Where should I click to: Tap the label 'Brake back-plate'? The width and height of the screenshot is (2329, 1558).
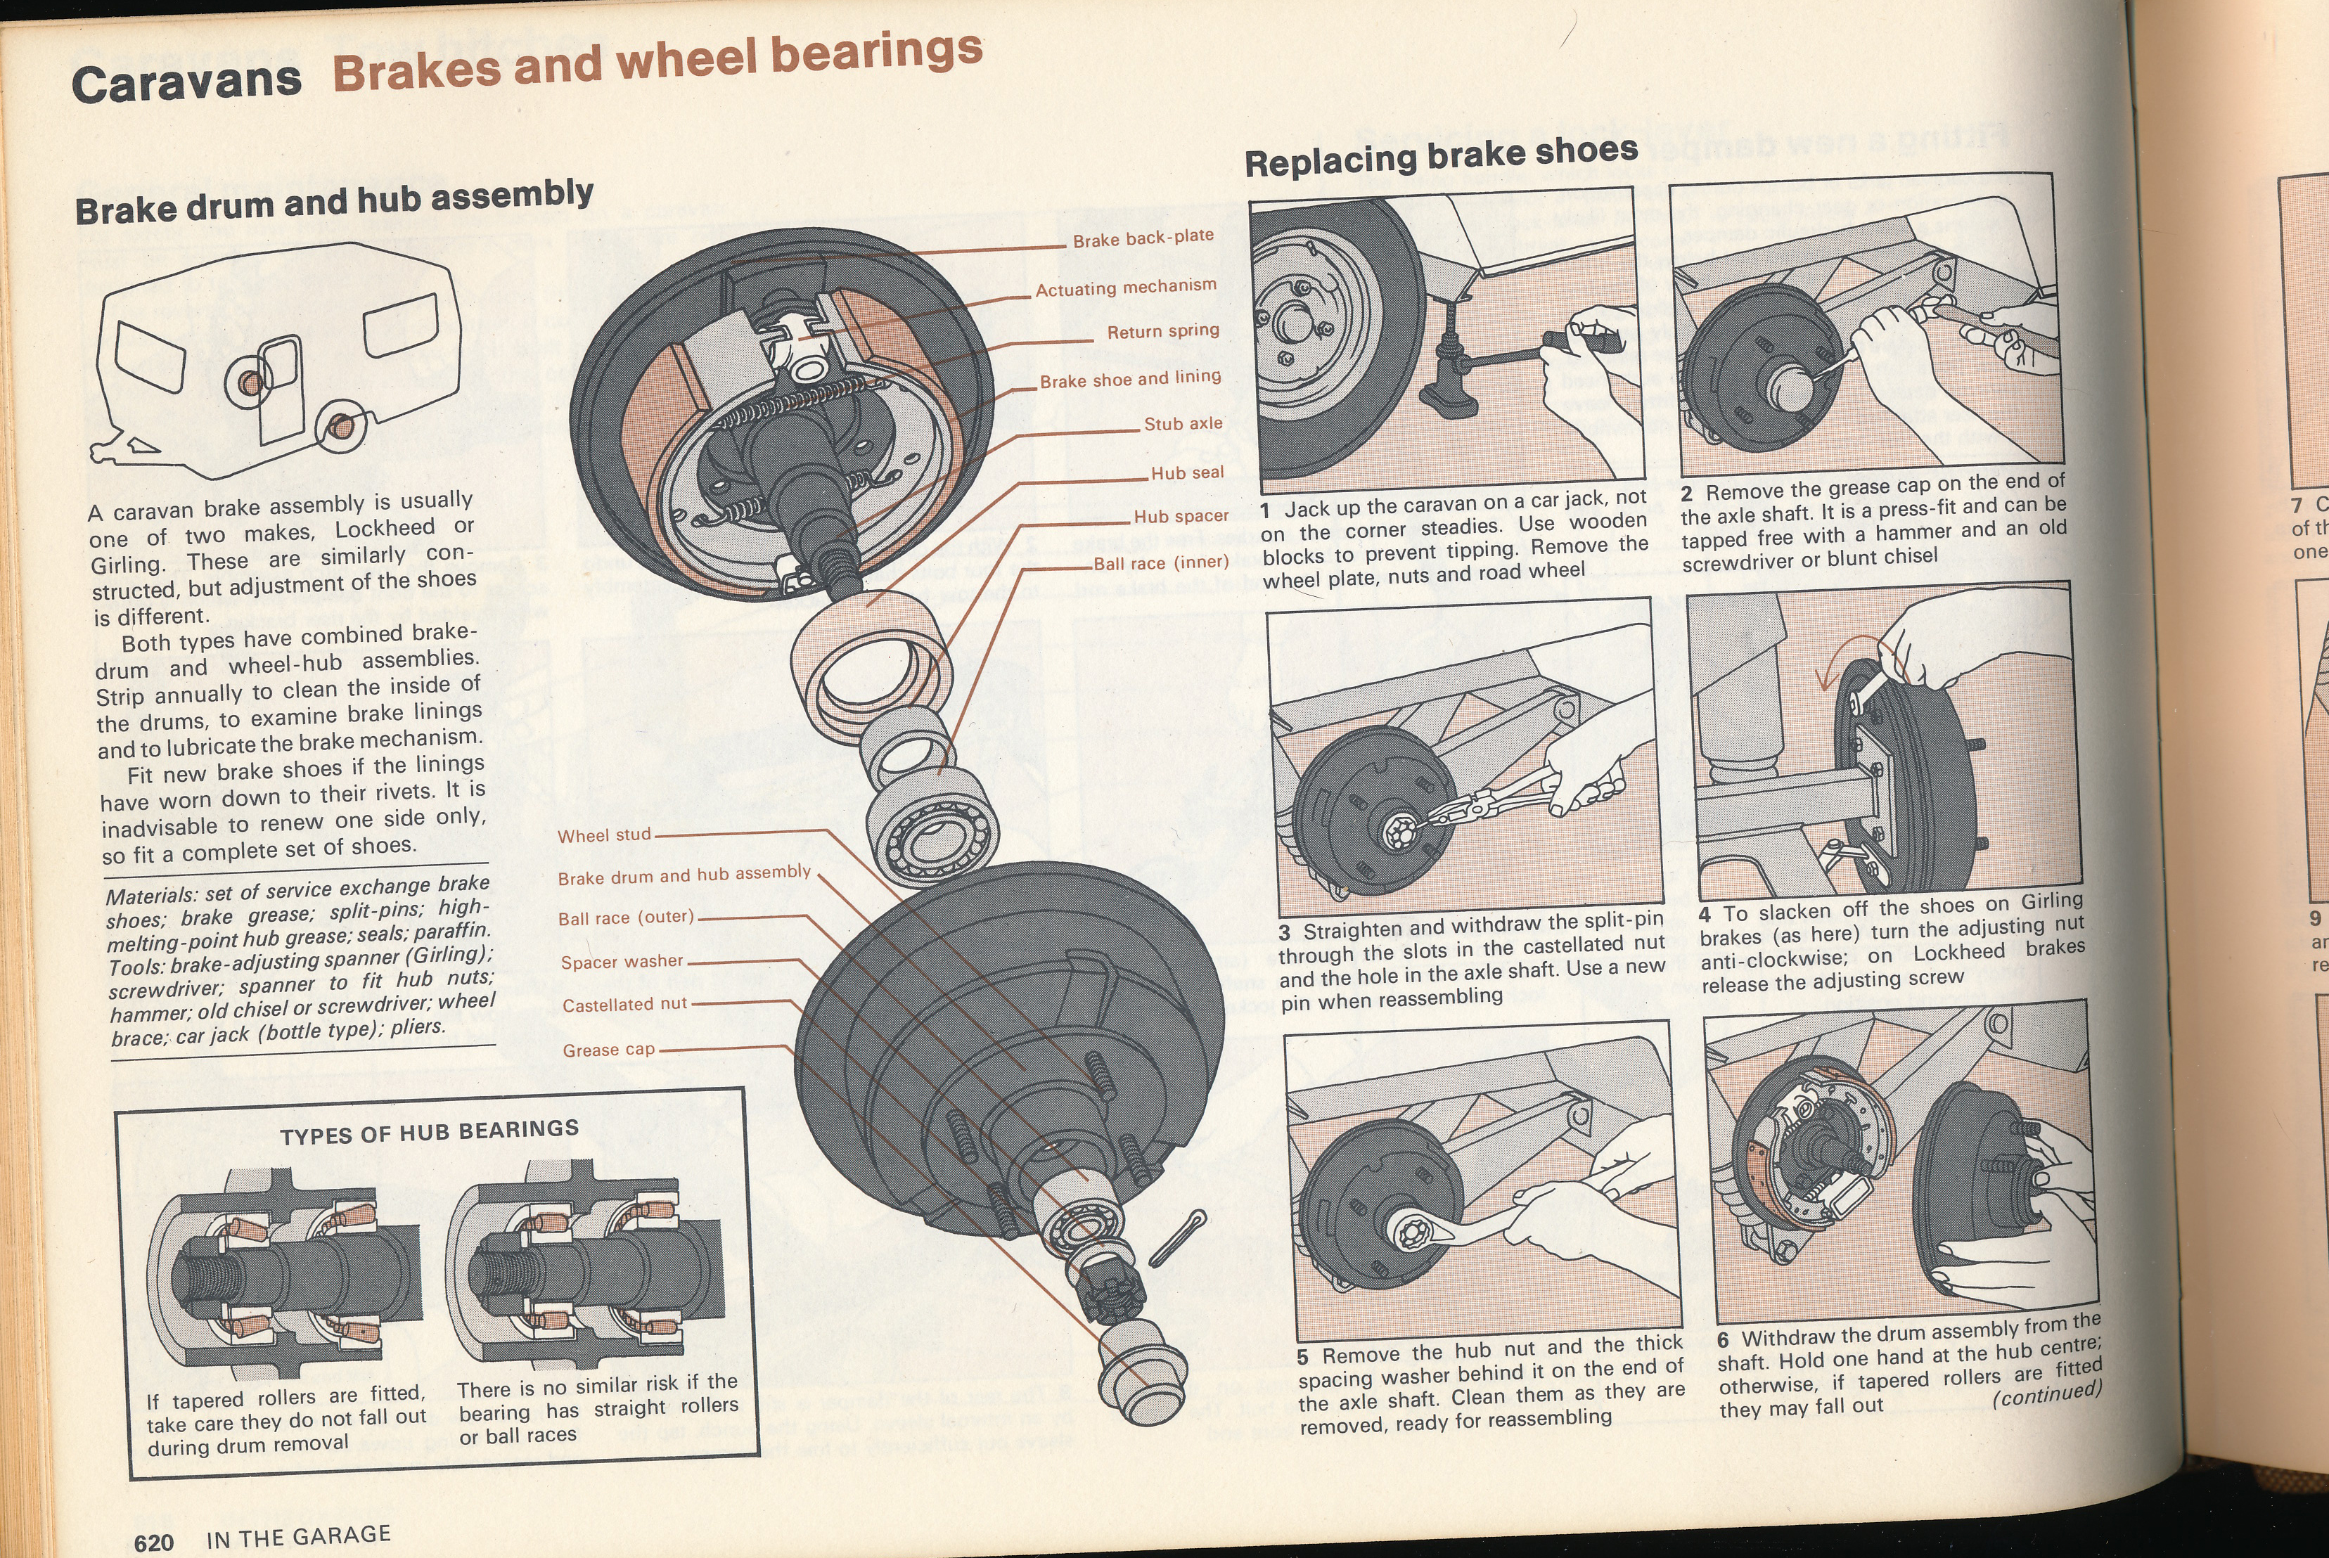1143,238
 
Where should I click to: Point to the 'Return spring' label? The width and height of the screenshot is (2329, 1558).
1162,332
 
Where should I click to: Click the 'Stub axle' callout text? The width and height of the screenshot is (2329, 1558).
1182,424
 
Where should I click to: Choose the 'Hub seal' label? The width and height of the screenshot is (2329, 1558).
1186,473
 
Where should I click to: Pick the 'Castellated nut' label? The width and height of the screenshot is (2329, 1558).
624,1005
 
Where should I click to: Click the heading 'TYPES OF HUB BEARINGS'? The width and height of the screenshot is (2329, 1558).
429,1132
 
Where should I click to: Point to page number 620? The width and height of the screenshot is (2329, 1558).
154,1542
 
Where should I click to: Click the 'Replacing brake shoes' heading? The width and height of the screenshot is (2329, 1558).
1441,157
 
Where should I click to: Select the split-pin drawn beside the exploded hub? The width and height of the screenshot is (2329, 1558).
1177,1238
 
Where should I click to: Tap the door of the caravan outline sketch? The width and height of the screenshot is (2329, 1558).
279,387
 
